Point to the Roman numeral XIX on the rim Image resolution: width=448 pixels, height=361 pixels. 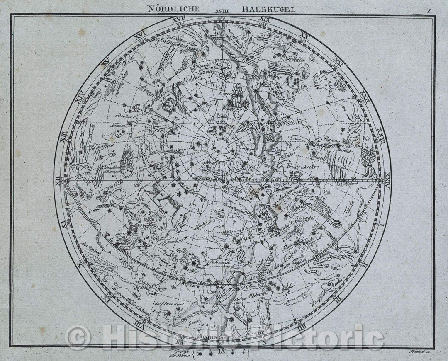coord(266,19)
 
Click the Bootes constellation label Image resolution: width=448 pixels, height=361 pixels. coord(127,117)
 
